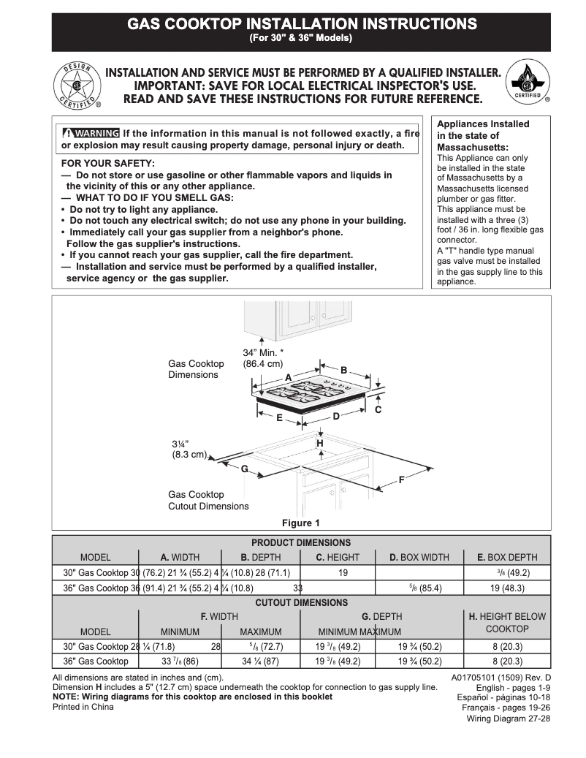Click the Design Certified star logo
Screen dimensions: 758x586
coord(78,85)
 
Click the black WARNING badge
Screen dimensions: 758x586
coord(91,133)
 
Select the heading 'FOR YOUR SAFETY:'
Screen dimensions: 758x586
coord(107,164)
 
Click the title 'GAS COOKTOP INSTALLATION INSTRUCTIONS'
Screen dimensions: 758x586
coord(302,24)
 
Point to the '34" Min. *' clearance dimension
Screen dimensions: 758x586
coord(263,353)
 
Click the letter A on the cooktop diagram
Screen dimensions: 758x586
coord(288,377)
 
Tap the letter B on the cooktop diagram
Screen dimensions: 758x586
coord(343,370)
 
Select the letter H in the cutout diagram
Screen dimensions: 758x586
coord(319,444)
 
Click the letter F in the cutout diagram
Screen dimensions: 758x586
coord(401,480)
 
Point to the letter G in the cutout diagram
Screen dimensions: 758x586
coord(245,468)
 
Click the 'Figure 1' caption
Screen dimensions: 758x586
coord(301,523)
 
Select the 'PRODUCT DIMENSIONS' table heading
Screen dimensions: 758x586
coord(301,543)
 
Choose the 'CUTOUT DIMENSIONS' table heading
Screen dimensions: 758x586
coord(301,603)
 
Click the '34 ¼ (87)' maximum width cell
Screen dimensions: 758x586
coord(260,662)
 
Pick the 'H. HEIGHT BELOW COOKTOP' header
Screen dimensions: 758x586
coord(507,623)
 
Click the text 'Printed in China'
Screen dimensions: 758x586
coord(83,707)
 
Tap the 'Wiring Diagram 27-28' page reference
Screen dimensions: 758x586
coord(509,719)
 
